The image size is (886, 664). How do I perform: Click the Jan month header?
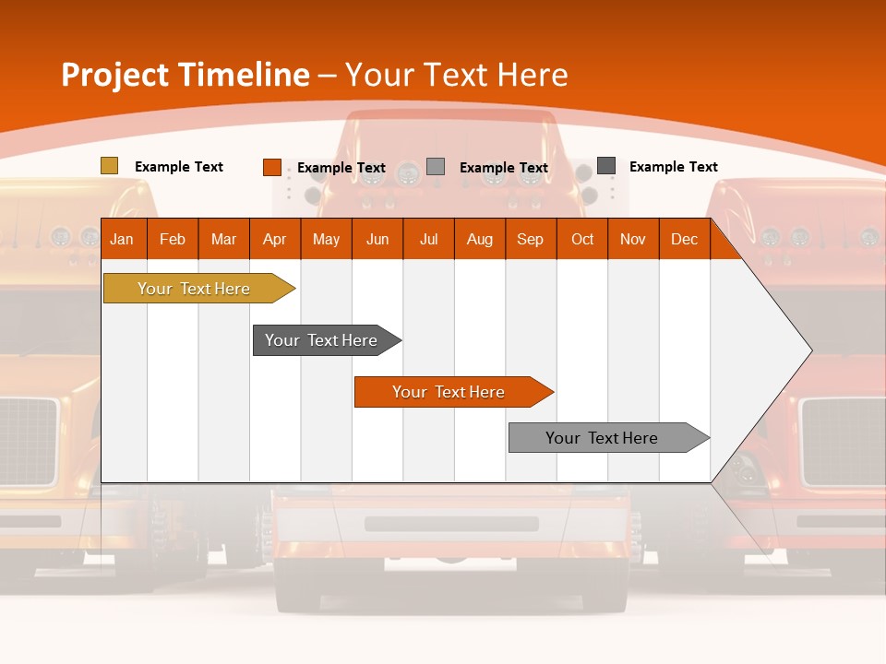click(x=122, y=240)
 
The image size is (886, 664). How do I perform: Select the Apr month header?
click(x=274, y=240)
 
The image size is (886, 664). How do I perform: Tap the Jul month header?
click(x=428, y=240)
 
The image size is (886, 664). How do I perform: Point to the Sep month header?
click(x=530, y=240)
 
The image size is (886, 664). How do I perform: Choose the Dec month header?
click(x=684, y=240)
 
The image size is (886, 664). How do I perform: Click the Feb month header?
click(x=173, y=240)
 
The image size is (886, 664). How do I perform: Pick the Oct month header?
click(x=582, y=240)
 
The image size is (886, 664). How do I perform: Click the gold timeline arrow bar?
click(x=194, y=289)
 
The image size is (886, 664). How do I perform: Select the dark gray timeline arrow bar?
click(x=321, y=340)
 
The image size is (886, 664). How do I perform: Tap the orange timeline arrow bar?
click(x=449, y=392)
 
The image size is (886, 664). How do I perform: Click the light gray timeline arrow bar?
click(x=602, y=438)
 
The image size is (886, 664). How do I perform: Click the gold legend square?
click(x=109, y=166)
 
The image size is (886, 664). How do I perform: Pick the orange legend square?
click(x=271, y=167)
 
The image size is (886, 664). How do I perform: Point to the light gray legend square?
click(x=436, y=167)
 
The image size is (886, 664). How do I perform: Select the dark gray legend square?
click(x=605, y=166)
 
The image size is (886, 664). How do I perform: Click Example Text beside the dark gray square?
click(x=673, y=167)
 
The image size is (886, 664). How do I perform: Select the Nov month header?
click(x=633, y=240)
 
